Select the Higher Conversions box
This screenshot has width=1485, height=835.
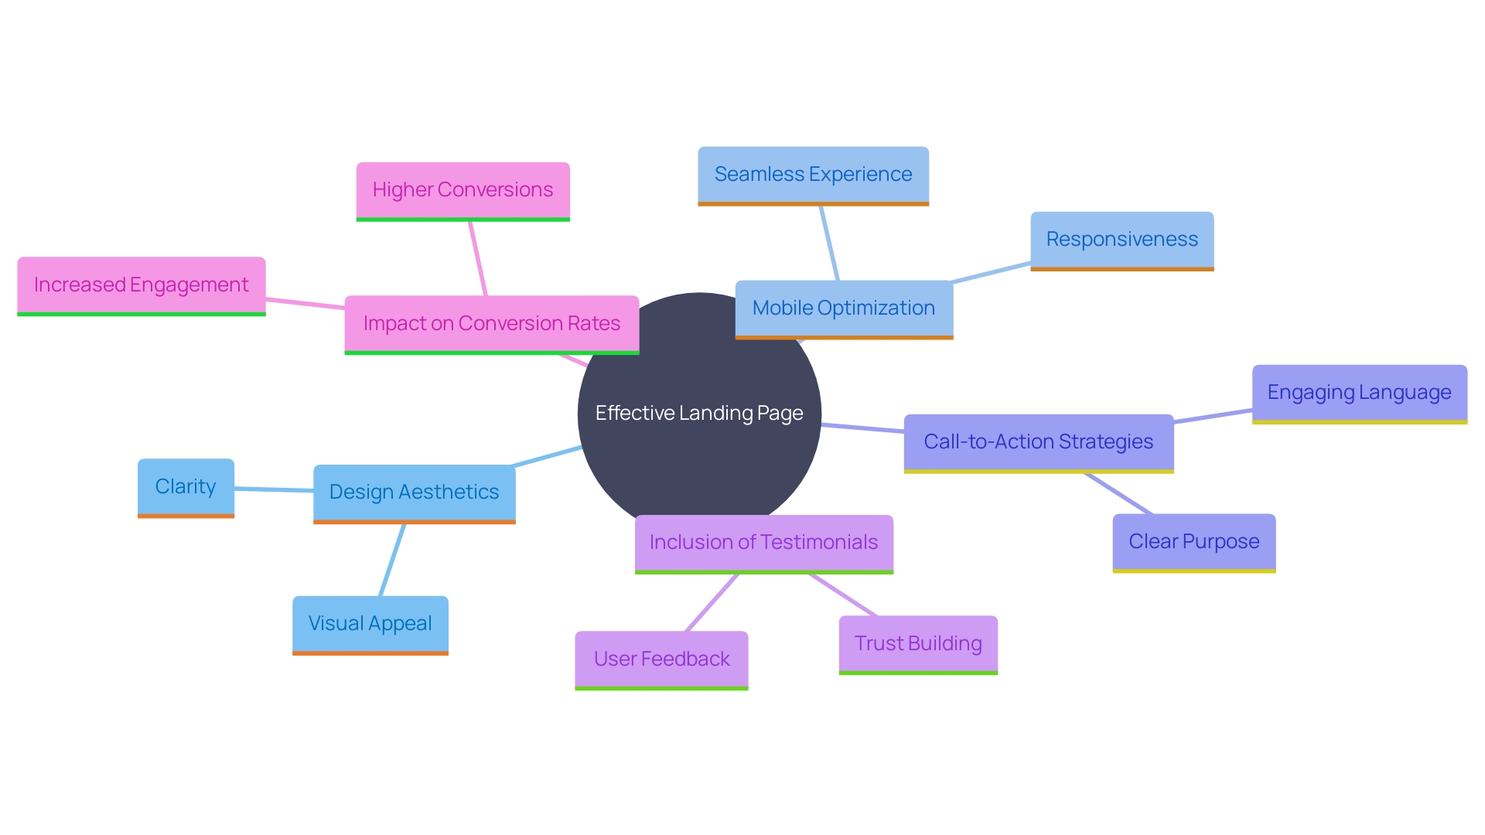coord(463,190)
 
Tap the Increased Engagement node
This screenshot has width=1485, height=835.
coord(141,285)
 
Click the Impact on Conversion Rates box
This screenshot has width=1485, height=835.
coord(491,324)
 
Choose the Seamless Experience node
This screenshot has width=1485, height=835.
coord(813,175)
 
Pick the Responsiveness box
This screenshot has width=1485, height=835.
coord(1121,240)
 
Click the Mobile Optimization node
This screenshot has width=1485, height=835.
coord(843,308)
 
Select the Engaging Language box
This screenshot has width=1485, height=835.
coord(1359,393)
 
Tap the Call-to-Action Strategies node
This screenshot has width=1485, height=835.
coord(1038,442)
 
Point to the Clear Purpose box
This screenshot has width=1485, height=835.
coord(1193,542)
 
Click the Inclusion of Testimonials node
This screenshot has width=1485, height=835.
coord(763,543)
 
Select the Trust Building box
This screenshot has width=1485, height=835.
coord(918,644)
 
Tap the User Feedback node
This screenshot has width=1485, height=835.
coord(661,659)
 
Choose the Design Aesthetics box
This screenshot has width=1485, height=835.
coord(414,492)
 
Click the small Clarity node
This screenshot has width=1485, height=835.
coord(186,487)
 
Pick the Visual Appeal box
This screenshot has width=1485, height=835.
coord(370,624)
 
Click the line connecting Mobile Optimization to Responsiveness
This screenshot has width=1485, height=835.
coord(992,273)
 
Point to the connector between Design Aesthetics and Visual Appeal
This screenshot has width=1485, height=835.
coord(392,560)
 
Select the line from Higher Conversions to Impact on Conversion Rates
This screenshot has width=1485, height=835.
coord(477,258)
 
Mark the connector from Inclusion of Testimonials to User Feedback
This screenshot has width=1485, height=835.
coord(712,602)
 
